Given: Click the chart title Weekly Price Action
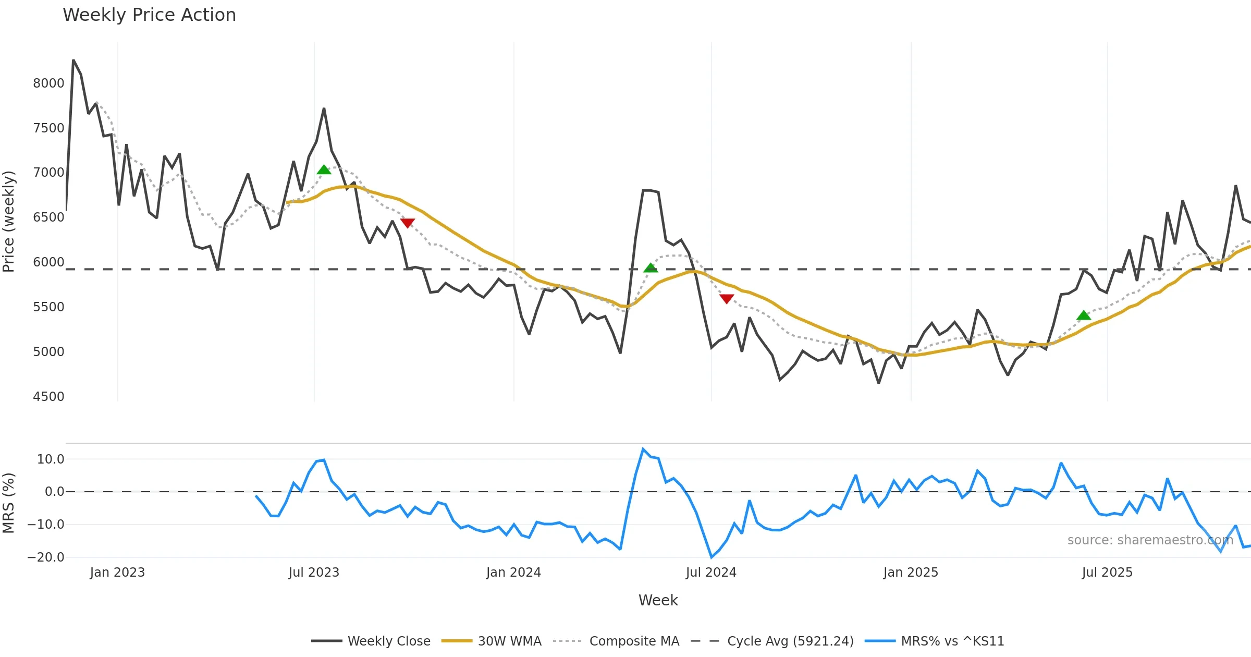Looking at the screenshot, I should point(149,15).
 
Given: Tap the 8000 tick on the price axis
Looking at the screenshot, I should point(48,83).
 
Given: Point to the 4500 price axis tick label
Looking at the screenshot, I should point(48,397).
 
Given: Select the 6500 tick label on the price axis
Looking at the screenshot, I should point(48,217).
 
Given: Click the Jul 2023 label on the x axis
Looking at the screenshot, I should point(314,573).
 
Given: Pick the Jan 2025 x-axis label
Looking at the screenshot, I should point(911,573).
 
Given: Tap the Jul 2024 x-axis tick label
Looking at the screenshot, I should point(711,573).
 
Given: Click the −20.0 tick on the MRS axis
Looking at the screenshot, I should point(46,557).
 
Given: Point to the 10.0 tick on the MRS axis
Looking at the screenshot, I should point(51,459).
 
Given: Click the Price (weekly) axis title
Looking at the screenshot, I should point(9,222).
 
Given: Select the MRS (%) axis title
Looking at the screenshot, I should point(9,503).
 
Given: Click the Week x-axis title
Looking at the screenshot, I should point(658,601).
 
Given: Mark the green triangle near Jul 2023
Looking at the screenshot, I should point(324,170).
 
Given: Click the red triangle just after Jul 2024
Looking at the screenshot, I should point(727,298).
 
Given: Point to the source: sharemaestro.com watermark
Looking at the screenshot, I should point(1150,540).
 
